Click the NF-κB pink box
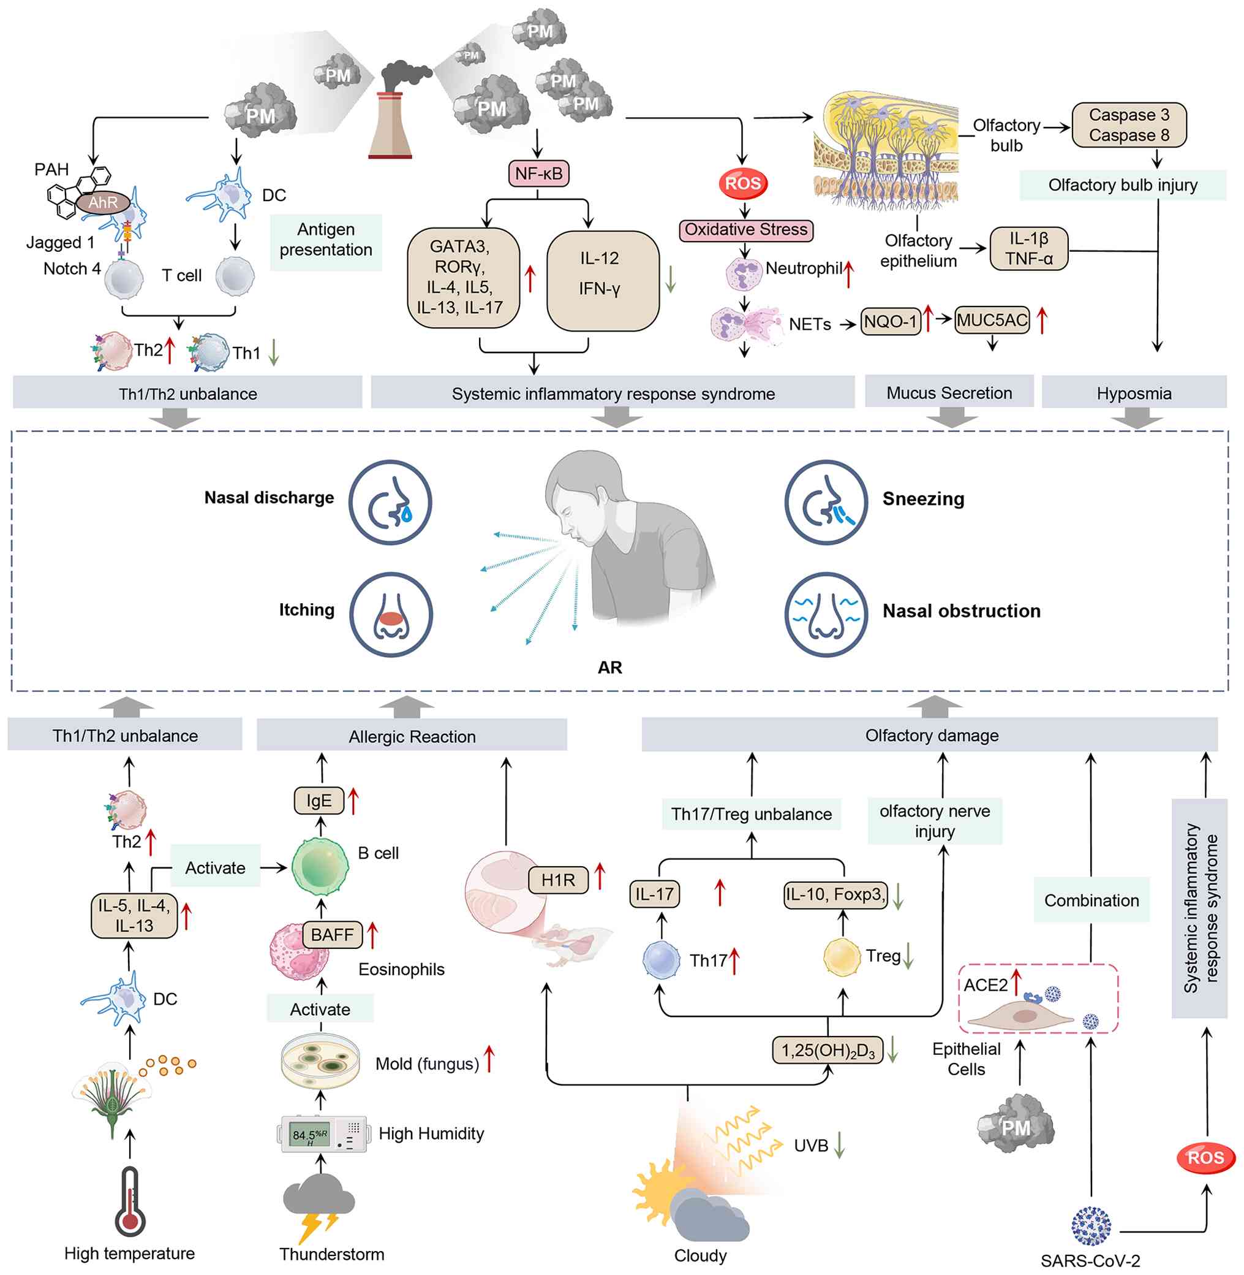coord(538,174)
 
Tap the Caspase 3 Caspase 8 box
coord(1128,125)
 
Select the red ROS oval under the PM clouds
coord(743,184)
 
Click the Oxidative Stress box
coord(745,230)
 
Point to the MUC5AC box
coord(991,321)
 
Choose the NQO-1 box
coord(891,322)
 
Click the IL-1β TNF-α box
coord(1028,249)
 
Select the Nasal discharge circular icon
coord(390,502)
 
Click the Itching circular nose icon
coord(391,615)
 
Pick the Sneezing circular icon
coord(826,502)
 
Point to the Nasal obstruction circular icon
coord(826,615)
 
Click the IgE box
coord(319,801)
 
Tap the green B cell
coord(320,866)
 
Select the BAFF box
coord(332,935)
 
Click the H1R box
coord(558,880)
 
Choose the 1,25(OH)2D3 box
coord(827,1051)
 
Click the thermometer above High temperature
coord(130,1202)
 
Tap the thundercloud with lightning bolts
coord(318,1206)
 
